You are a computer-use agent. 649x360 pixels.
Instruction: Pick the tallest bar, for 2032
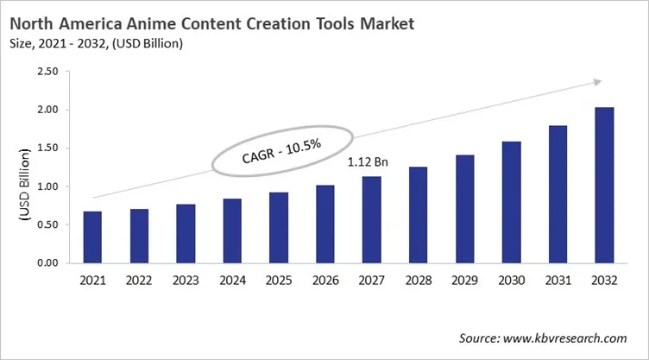(603, 185)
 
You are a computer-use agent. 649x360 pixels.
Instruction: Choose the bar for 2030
(510, 202)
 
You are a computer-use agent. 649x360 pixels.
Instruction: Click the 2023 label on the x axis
(186, 281)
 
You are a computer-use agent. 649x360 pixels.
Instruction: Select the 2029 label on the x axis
(464, 281)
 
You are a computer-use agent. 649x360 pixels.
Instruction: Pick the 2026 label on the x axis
(325, 281)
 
